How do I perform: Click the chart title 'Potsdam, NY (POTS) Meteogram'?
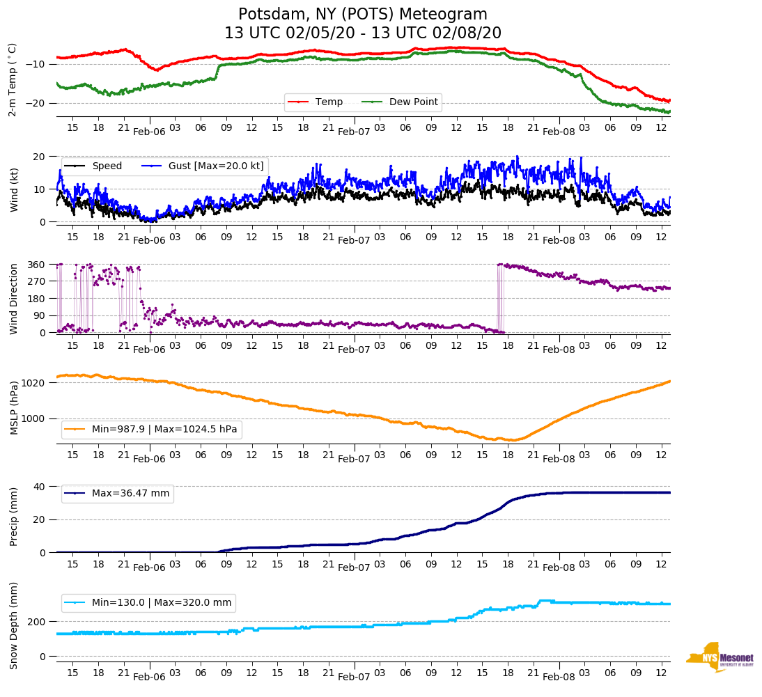[363, 15]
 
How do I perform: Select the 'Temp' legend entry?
[329, 102]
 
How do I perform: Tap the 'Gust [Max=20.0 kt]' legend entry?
[216, 166]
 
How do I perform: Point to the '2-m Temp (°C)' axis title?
[12, 79]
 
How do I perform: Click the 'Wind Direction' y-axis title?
[14, 298]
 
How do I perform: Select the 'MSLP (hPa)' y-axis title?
[14, 407]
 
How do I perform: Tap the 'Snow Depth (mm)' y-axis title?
[14, 625]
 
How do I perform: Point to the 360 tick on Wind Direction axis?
[37, 265]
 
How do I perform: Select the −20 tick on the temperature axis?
[36, 103]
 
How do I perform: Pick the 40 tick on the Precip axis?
[40, 487]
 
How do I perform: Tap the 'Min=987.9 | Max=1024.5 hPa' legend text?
[164, 430]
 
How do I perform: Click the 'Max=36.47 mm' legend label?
[130, 494]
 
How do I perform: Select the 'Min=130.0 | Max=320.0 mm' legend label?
[162, 603]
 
